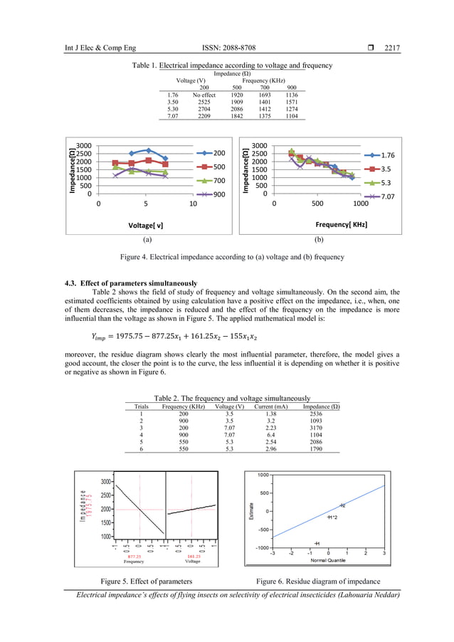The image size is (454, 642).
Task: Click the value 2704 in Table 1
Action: [204, 109]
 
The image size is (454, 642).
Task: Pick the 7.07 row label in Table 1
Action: [172, 116]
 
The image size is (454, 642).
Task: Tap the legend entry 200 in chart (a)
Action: [219, 153]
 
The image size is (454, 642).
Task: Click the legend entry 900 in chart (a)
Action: [219, 194]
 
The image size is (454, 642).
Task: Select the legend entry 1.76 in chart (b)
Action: [389, 155]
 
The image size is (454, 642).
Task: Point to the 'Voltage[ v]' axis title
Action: [146, 225]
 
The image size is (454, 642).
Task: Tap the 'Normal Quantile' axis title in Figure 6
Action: [328, 560]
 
